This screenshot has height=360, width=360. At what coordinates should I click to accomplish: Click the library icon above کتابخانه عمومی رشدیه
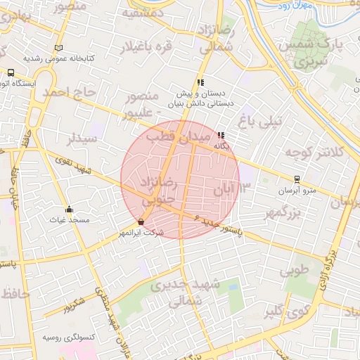[58, 48]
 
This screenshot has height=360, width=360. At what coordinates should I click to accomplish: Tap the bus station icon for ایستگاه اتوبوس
[11, 72]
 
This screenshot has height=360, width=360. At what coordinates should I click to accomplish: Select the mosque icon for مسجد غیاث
[69, 210]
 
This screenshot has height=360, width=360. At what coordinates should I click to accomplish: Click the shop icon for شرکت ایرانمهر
[141, 221]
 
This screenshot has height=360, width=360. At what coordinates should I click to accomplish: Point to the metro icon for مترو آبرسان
[297, 179]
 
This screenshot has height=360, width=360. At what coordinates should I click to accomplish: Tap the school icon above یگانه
[221, 135]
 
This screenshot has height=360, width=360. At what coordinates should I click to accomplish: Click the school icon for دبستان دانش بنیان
[201, 82]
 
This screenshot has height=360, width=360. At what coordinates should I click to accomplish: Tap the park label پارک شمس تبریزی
[323, 53]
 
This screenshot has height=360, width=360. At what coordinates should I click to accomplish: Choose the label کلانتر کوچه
[314, 152]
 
